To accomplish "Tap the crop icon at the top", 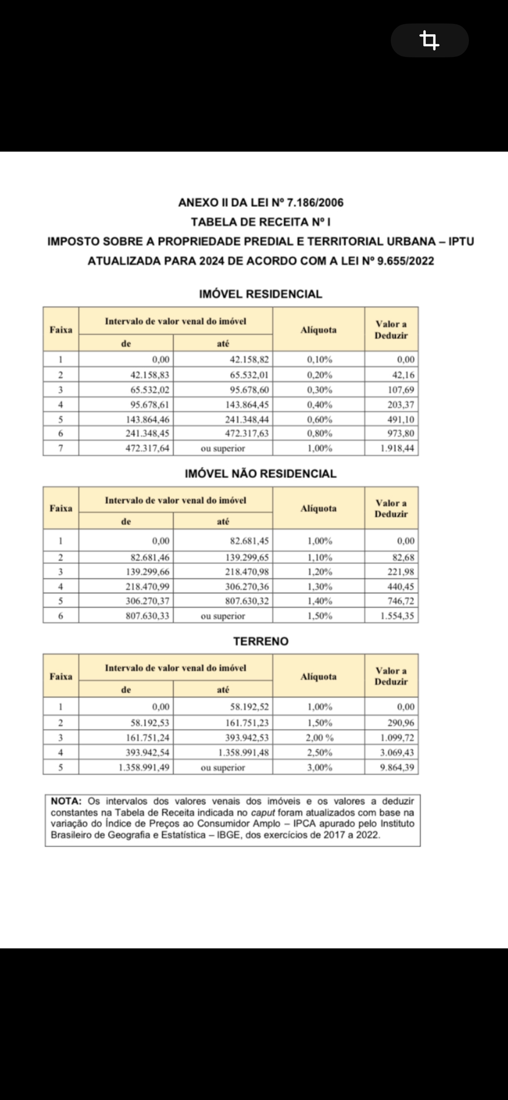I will point(429,40).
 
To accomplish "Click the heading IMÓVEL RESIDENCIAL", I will point(261,294).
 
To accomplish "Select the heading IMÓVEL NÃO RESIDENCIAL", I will point(261,474).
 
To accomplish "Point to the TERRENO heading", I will point(261,641).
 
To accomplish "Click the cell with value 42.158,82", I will point(249,360).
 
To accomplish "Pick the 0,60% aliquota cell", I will point(319,419).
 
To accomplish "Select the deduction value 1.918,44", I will point(397,448).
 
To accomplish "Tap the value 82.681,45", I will point(249,541).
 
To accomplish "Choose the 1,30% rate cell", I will point(320,586).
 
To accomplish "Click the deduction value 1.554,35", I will point(397,616).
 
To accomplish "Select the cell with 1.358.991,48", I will point(243,752).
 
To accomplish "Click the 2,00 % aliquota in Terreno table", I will point(320,738).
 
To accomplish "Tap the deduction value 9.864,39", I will point(397,767).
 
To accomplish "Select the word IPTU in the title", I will point(461,242).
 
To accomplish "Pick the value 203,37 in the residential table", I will point(400,405).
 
